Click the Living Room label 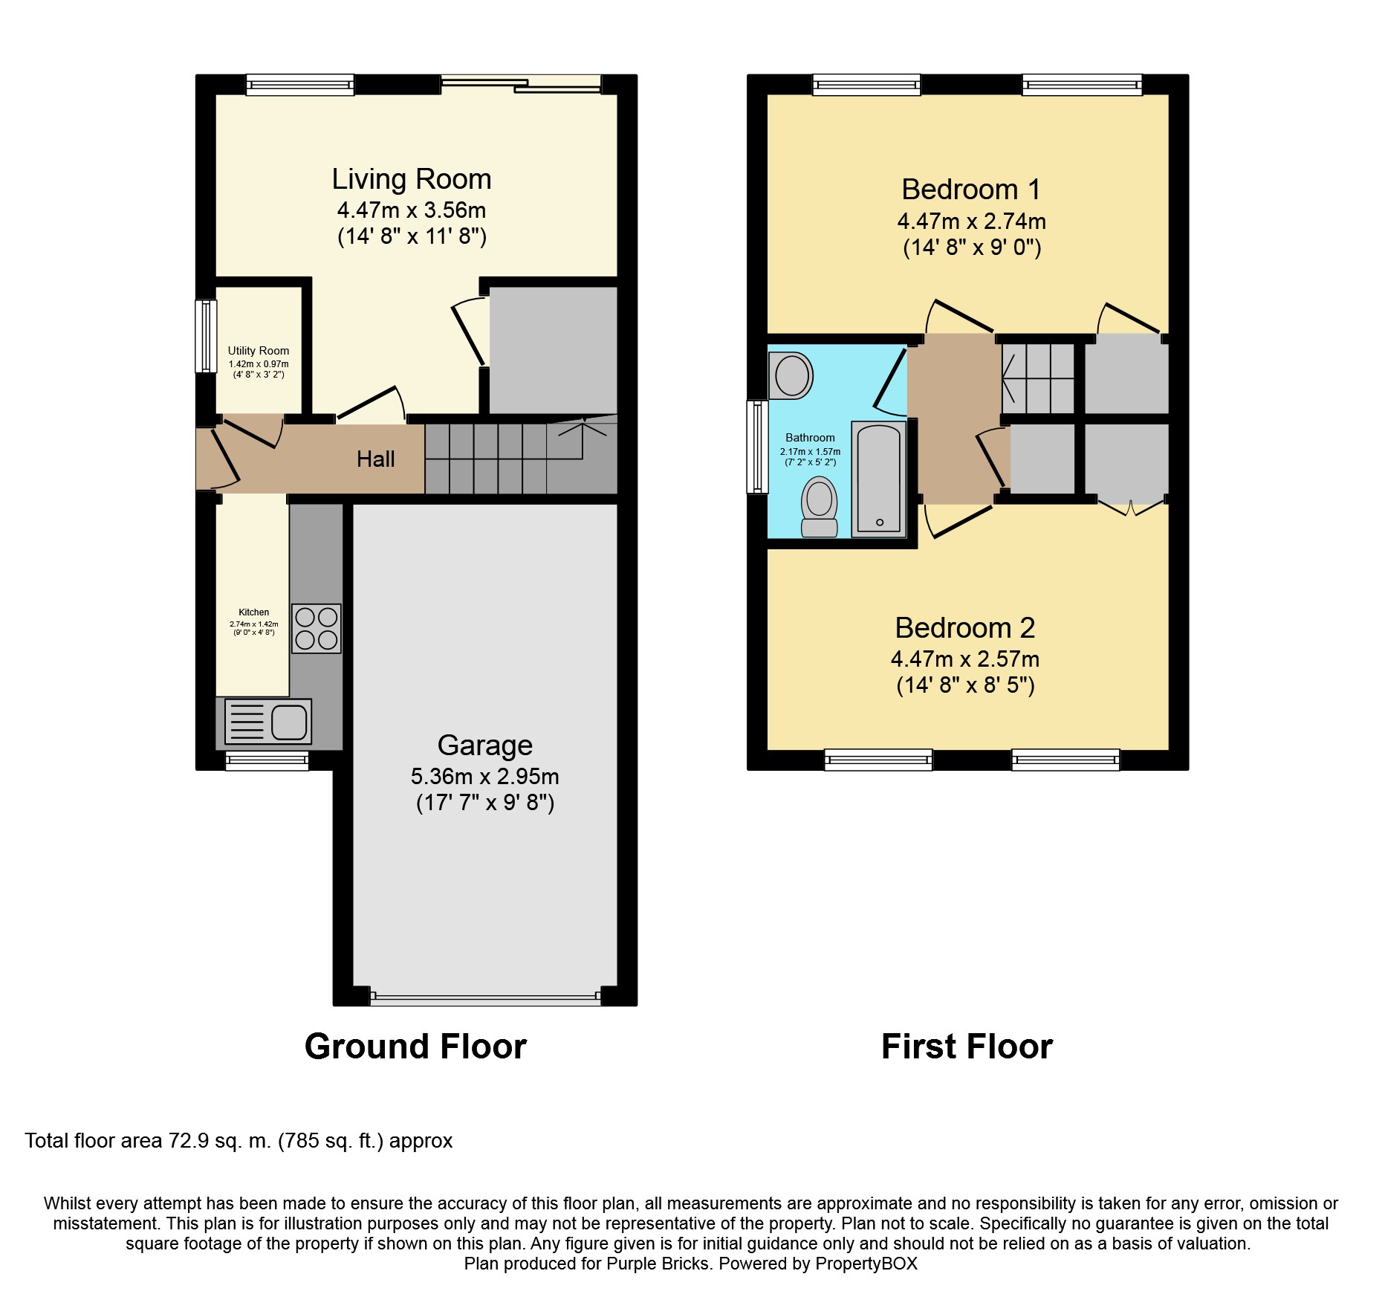(412, 179)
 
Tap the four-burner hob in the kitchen (317, 628)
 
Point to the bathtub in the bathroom (879, 479)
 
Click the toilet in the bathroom (820, 507)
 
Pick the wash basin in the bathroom (791, 375)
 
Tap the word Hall (375, 459)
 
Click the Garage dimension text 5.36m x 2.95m (484, 777)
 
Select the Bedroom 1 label (971, 190)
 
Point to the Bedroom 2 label (965, 628)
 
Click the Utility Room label (259, 351)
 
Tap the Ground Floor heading (415, 1047)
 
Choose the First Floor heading (967, 1047)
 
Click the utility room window (206, 336)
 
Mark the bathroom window (757, 447)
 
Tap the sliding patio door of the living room (521, 83)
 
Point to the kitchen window (267, 760)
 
